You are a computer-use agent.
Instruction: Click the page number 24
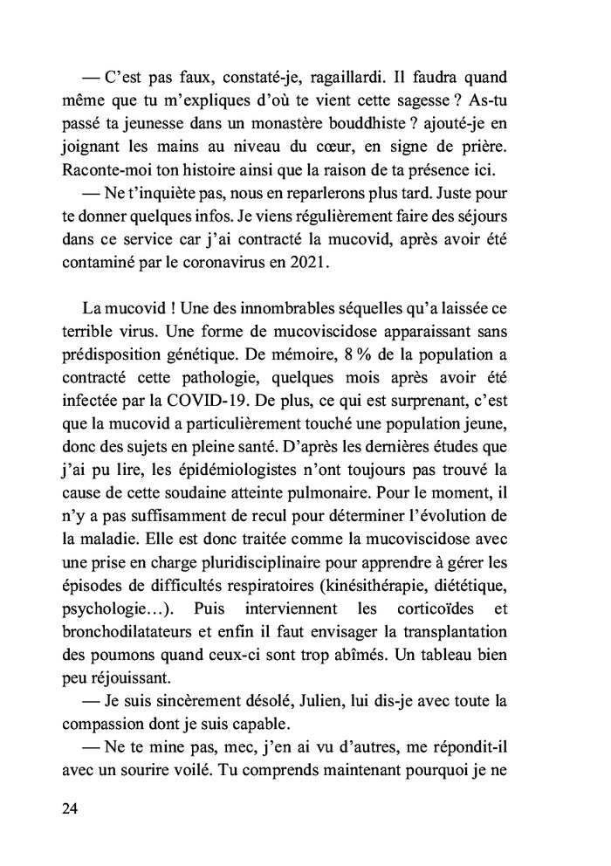coord(70,808)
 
